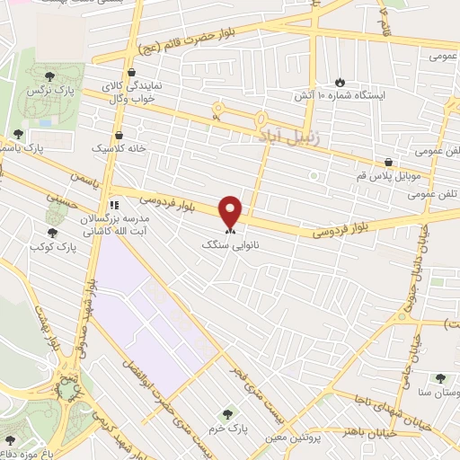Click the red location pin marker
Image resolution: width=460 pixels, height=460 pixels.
click(x=231, y=211)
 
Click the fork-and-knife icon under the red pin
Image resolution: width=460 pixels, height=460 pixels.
click(x=231, y=230)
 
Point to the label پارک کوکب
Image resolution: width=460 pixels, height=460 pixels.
click(x=51, y=245)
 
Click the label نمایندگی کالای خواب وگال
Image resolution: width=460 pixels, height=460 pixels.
click(x=130, y=86)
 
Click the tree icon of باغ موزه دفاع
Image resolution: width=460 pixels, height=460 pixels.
click(x=10, y=440)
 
